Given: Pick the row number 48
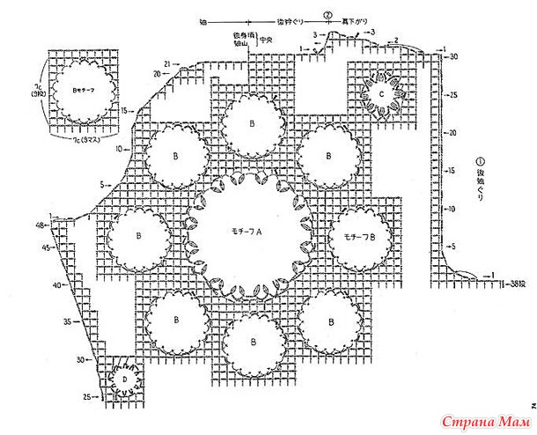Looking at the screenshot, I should (40, 225).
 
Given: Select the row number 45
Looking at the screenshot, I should (43, 248).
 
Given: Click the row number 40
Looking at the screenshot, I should (55, 285).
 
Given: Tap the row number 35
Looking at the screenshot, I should (68, 323).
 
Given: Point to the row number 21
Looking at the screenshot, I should (166, 63).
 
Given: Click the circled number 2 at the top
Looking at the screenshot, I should (327, 15).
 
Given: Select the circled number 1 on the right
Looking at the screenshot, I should (480, 162).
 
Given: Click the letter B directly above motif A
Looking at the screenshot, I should (253, 123).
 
